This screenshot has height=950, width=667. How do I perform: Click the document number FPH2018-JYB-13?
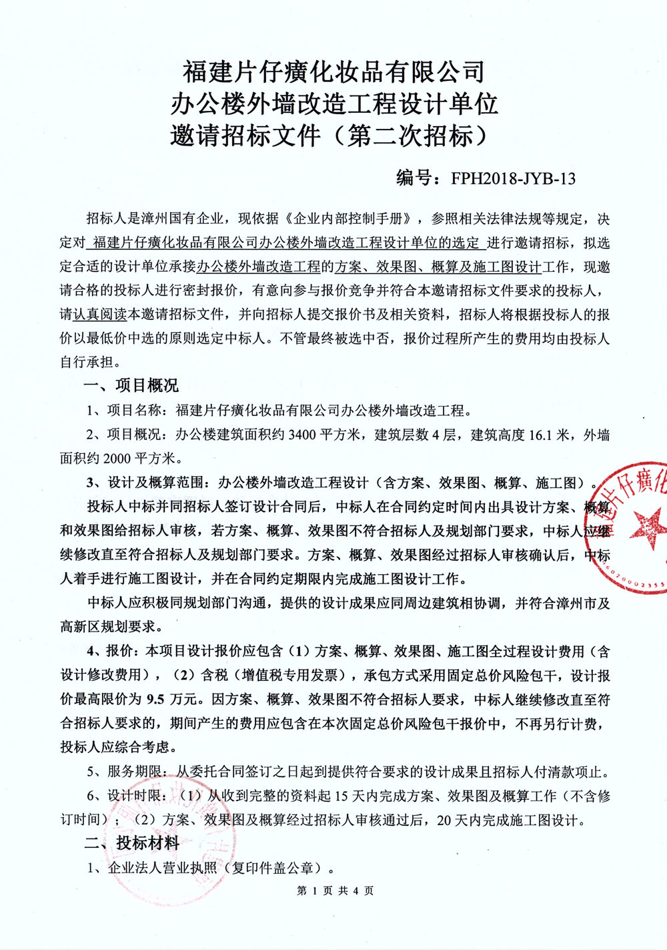[x=513, y=178]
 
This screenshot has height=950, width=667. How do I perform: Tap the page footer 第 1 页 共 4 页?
[x=335, y=891]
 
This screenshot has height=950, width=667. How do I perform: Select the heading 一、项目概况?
[x=131, y=386]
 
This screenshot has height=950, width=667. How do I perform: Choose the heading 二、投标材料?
[x=131, y=843]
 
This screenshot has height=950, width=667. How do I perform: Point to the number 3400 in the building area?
[x=301, y=435]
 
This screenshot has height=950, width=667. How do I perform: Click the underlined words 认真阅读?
[x=100, y=314]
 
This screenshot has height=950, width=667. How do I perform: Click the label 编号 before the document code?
[x=416, y=178]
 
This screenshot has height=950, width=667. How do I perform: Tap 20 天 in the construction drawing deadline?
[x=452, y=820]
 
